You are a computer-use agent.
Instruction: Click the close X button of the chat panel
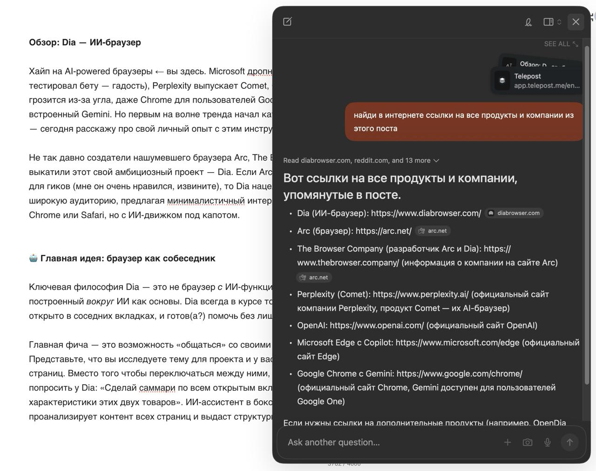click(x=576, y=22)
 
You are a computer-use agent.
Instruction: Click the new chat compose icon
click(x=287, y=21)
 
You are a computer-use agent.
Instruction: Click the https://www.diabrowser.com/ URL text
click(x=426, y=213)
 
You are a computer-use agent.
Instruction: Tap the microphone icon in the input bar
click(x=548, y=442)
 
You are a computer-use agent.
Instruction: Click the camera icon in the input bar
click(x=528, y=442)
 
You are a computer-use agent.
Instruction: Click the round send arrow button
click(x=569, y=442)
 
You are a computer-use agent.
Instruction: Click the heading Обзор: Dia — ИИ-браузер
click(x=85, y=42)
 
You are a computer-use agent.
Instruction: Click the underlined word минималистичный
click(x=205, y=201)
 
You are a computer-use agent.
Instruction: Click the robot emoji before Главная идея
click(x=33, y=258)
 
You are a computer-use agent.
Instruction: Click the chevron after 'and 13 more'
click(x=436, y=161)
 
